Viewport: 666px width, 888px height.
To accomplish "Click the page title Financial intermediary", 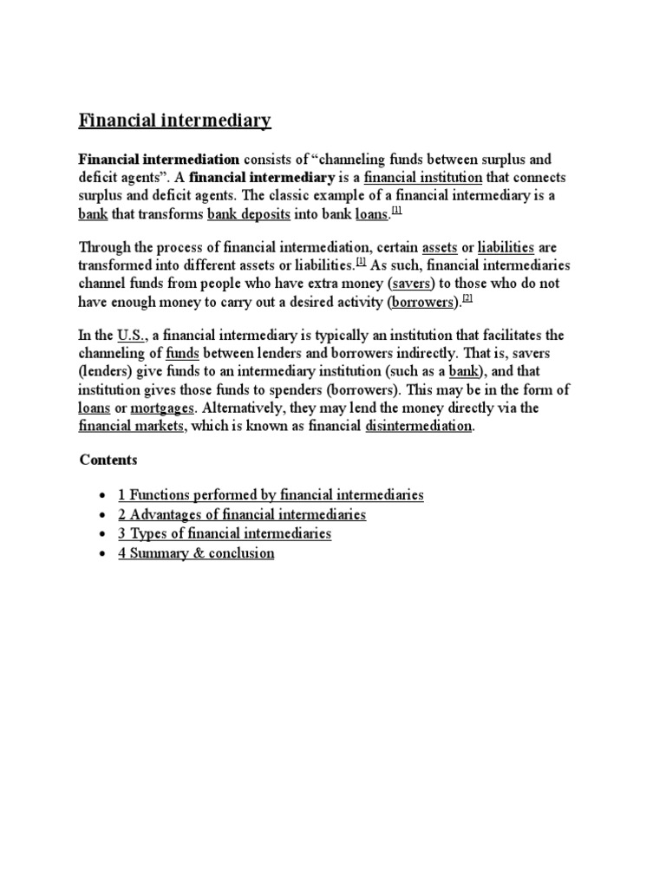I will point(175,120).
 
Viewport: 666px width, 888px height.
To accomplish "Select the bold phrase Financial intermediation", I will point(159,160).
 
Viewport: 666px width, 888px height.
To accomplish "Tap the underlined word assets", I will point(439,247).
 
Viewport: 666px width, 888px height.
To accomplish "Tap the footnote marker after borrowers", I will point(467,297).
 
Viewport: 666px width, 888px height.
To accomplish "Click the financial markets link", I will point(132,426).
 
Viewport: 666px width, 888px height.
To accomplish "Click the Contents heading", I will point(108,459).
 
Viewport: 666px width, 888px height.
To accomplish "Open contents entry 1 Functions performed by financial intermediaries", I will point(271,494).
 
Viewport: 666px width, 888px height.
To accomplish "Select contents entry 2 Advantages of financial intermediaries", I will point(242,514).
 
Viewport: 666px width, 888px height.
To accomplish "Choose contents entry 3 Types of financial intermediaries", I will point(225,533).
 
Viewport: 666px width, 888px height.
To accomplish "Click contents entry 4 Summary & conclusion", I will point(196,552).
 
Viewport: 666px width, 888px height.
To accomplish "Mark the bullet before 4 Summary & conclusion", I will point(103,553).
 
